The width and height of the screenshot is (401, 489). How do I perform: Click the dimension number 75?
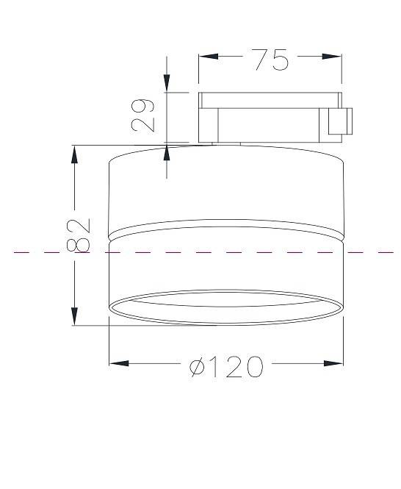click(x=270, y=60)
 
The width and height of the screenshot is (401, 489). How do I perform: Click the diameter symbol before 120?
click(x=198, y=366)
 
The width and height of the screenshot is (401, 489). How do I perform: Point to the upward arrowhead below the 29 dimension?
click(x=167, y=154)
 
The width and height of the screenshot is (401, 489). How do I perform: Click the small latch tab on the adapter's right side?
click(x=341, y=121)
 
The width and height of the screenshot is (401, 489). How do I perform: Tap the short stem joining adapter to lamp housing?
click(x=228, y=143)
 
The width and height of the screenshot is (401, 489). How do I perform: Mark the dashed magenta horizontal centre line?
click(x=44, y=252)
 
